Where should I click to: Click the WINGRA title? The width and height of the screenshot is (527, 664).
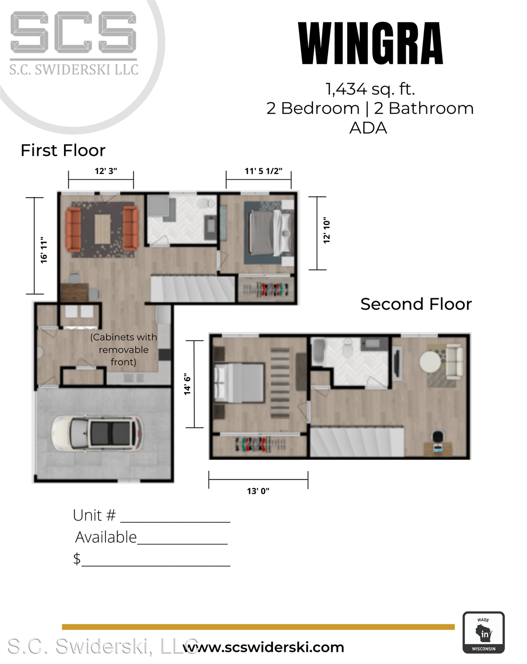tap(370, 43)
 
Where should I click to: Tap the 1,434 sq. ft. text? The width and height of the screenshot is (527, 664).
tap(370, 89)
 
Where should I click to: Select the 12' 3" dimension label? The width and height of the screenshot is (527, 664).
tap(106, 171)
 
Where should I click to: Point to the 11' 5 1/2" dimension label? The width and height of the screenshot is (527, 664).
tap(263, 171)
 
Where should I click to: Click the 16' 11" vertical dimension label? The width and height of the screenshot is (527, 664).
tap(43, 250)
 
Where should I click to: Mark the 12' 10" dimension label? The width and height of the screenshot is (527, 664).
tap(327, 230)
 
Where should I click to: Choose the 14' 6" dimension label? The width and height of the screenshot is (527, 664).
tap(187, 384)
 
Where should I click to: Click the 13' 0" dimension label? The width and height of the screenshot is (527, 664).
tap(258, 491)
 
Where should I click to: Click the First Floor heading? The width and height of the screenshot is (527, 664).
tap(63, 150)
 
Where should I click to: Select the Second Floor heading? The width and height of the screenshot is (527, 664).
tap(416, 304)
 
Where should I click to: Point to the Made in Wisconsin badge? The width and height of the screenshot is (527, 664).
tap(484, 632)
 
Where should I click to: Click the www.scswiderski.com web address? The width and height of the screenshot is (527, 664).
tap(264, 647)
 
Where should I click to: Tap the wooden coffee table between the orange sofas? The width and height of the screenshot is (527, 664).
tap(102, 229)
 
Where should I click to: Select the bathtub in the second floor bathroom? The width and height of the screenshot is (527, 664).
tap(319, 351)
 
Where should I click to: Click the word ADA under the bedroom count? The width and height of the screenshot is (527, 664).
tap(368, 128)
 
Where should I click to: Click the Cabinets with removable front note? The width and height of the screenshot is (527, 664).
tap(124, 349)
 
